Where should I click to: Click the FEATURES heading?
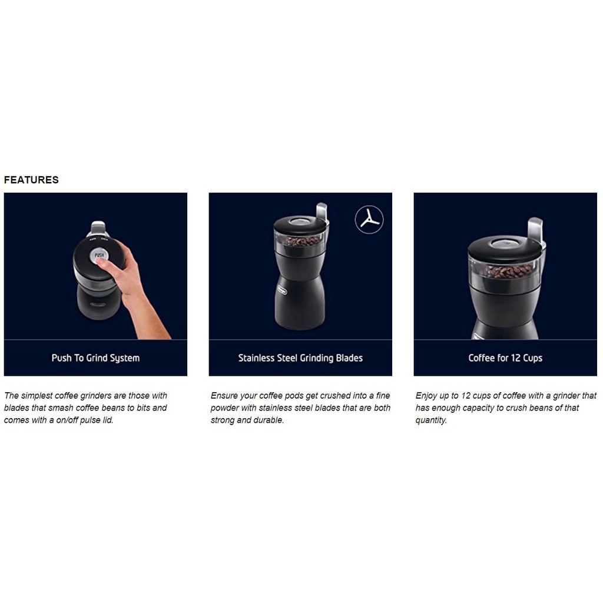coord(31,180)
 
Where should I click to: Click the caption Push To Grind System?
coord(95,358)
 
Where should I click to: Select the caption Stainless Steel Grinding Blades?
coord(300,358)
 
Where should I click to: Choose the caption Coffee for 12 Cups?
coord(505,358)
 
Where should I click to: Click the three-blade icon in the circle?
coord(369,220)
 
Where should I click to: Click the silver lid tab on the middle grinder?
coord(322,211)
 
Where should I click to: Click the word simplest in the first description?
coord(37,396)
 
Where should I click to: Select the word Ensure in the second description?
coord(224,396)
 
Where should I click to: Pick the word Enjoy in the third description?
coord(427,396)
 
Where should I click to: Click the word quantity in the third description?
coord(430,420)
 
